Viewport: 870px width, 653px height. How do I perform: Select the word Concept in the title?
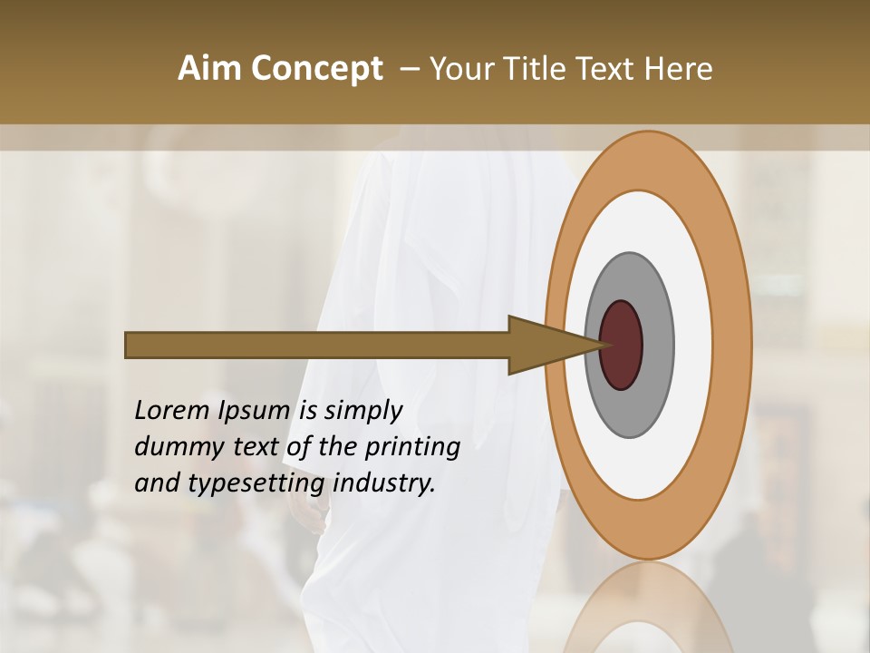(316, 69)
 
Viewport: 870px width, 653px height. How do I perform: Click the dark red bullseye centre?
(621, 345)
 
